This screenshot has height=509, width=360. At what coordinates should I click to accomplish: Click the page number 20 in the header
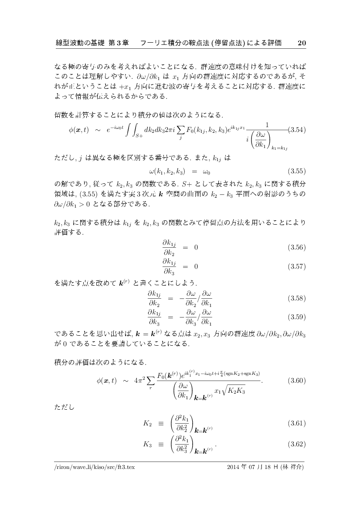302,43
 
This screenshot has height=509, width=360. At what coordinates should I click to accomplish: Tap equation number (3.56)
296,247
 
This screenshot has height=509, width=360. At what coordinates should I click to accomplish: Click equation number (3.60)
296,380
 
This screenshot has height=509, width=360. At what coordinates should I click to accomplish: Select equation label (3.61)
296,423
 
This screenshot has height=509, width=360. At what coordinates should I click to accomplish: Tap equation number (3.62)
296,444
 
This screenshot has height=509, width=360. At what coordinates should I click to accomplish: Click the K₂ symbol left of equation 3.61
147,423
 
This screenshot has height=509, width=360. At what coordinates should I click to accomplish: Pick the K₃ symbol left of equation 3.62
147,444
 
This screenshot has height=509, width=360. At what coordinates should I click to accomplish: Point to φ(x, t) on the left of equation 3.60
106,380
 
